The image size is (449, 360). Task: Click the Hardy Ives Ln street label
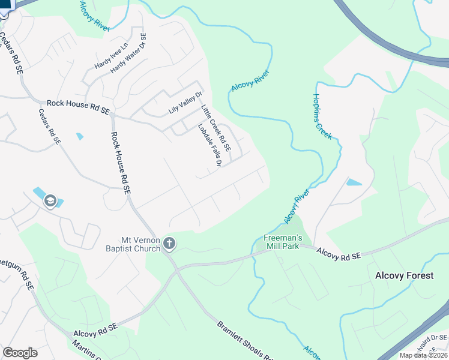[112, 56]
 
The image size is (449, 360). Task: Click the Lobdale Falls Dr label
[210, 145]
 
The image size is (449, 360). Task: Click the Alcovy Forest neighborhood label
[404, 275]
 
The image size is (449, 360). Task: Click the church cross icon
[170, 243]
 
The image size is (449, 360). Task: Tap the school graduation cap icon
[50, 201]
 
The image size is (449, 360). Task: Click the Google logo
[20, 353]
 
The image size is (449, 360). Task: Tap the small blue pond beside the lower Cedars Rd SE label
[80, 136]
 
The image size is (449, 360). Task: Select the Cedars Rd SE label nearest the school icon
[49, 126]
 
